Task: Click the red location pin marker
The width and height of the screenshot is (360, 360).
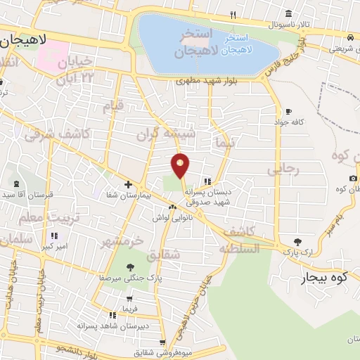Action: pyautogui.click(x=181, y=165)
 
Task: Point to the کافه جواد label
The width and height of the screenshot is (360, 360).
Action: pyautogui.click(x=288, y=122)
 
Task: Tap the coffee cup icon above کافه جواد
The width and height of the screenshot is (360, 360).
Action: pyautogui.click(x=288, y=111)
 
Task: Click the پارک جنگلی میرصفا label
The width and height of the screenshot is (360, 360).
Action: pyautogui.click(x=129, y=278)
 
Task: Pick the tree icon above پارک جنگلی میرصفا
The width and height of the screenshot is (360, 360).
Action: pyautogui.click(x=129, y=267)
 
